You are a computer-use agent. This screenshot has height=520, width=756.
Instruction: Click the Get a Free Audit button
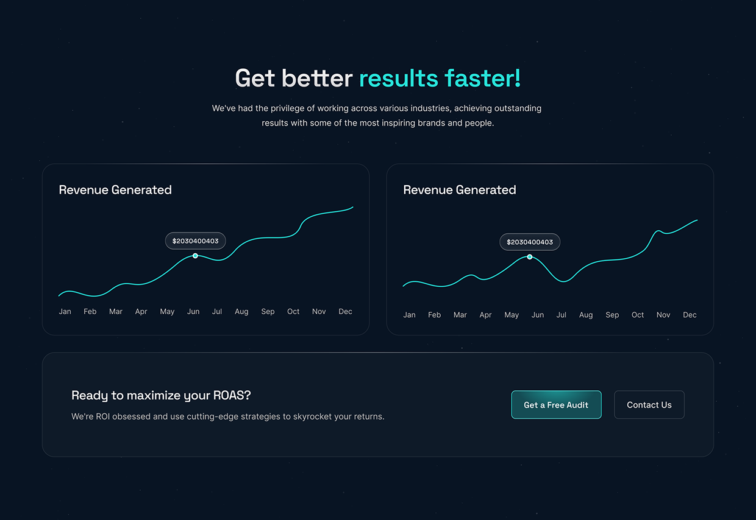click(x=556, y=405)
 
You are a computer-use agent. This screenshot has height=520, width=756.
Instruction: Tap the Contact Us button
click(x=649, y=405)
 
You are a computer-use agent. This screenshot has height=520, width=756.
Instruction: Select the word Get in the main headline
click(x=255, y=79)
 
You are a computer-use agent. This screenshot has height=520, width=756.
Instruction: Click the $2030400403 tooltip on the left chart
click(x=195, y=241)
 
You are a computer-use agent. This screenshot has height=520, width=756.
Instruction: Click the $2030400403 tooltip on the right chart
click(x=529, y=242)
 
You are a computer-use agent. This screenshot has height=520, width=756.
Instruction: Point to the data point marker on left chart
click(x=195, y=256)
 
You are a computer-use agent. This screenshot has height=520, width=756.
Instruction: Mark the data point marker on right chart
click(x=529, y=257)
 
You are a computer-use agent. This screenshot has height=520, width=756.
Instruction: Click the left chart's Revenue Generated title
click(x=115, y=190)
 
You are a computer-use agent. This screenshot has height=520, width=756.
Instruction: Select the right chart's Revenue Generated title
click(x=459, y=190)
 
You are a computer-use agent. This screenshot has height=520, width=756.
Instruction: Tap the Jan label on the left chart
click(x=65, y=312)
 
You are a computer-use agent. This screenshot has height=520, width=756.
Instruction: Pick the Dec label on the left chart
click(x=345, y=312)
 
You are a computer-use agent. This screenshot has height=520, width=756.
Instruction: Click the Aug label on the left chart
click(x=241, y=312)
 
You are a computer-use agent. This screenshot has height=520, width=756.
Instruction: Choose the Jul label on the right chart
click(x=561, y=315)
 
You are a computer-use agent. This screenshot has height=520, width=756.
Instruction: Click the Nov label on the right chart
click(x=663, y=315)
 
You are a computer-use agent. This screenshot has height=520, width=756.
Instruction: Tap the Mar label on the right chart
click(x=460, y=315)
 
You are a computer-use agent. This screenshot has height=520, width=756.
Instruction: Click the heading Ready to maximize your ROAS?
click(x=161, y=396)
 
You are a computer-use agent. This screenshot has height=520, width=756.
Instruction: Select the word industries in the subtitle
click(x=430, y=108)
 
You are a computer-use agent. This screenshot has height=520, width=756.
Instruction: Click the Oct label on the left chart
click(x=293, y=312)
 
